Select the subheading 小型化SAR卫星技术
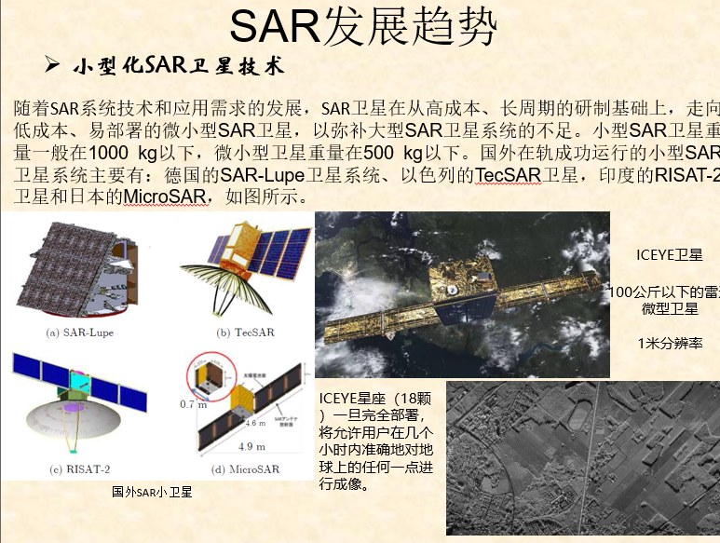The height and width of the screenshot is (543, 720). pos(177,67)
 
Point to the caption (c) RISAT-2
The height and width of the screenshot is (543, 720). pos(75,468)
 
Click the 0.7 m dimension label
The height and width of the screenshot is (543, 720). pos(193,404)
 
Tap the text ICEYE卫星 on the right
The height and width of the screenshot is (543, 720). pos(668,255)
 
